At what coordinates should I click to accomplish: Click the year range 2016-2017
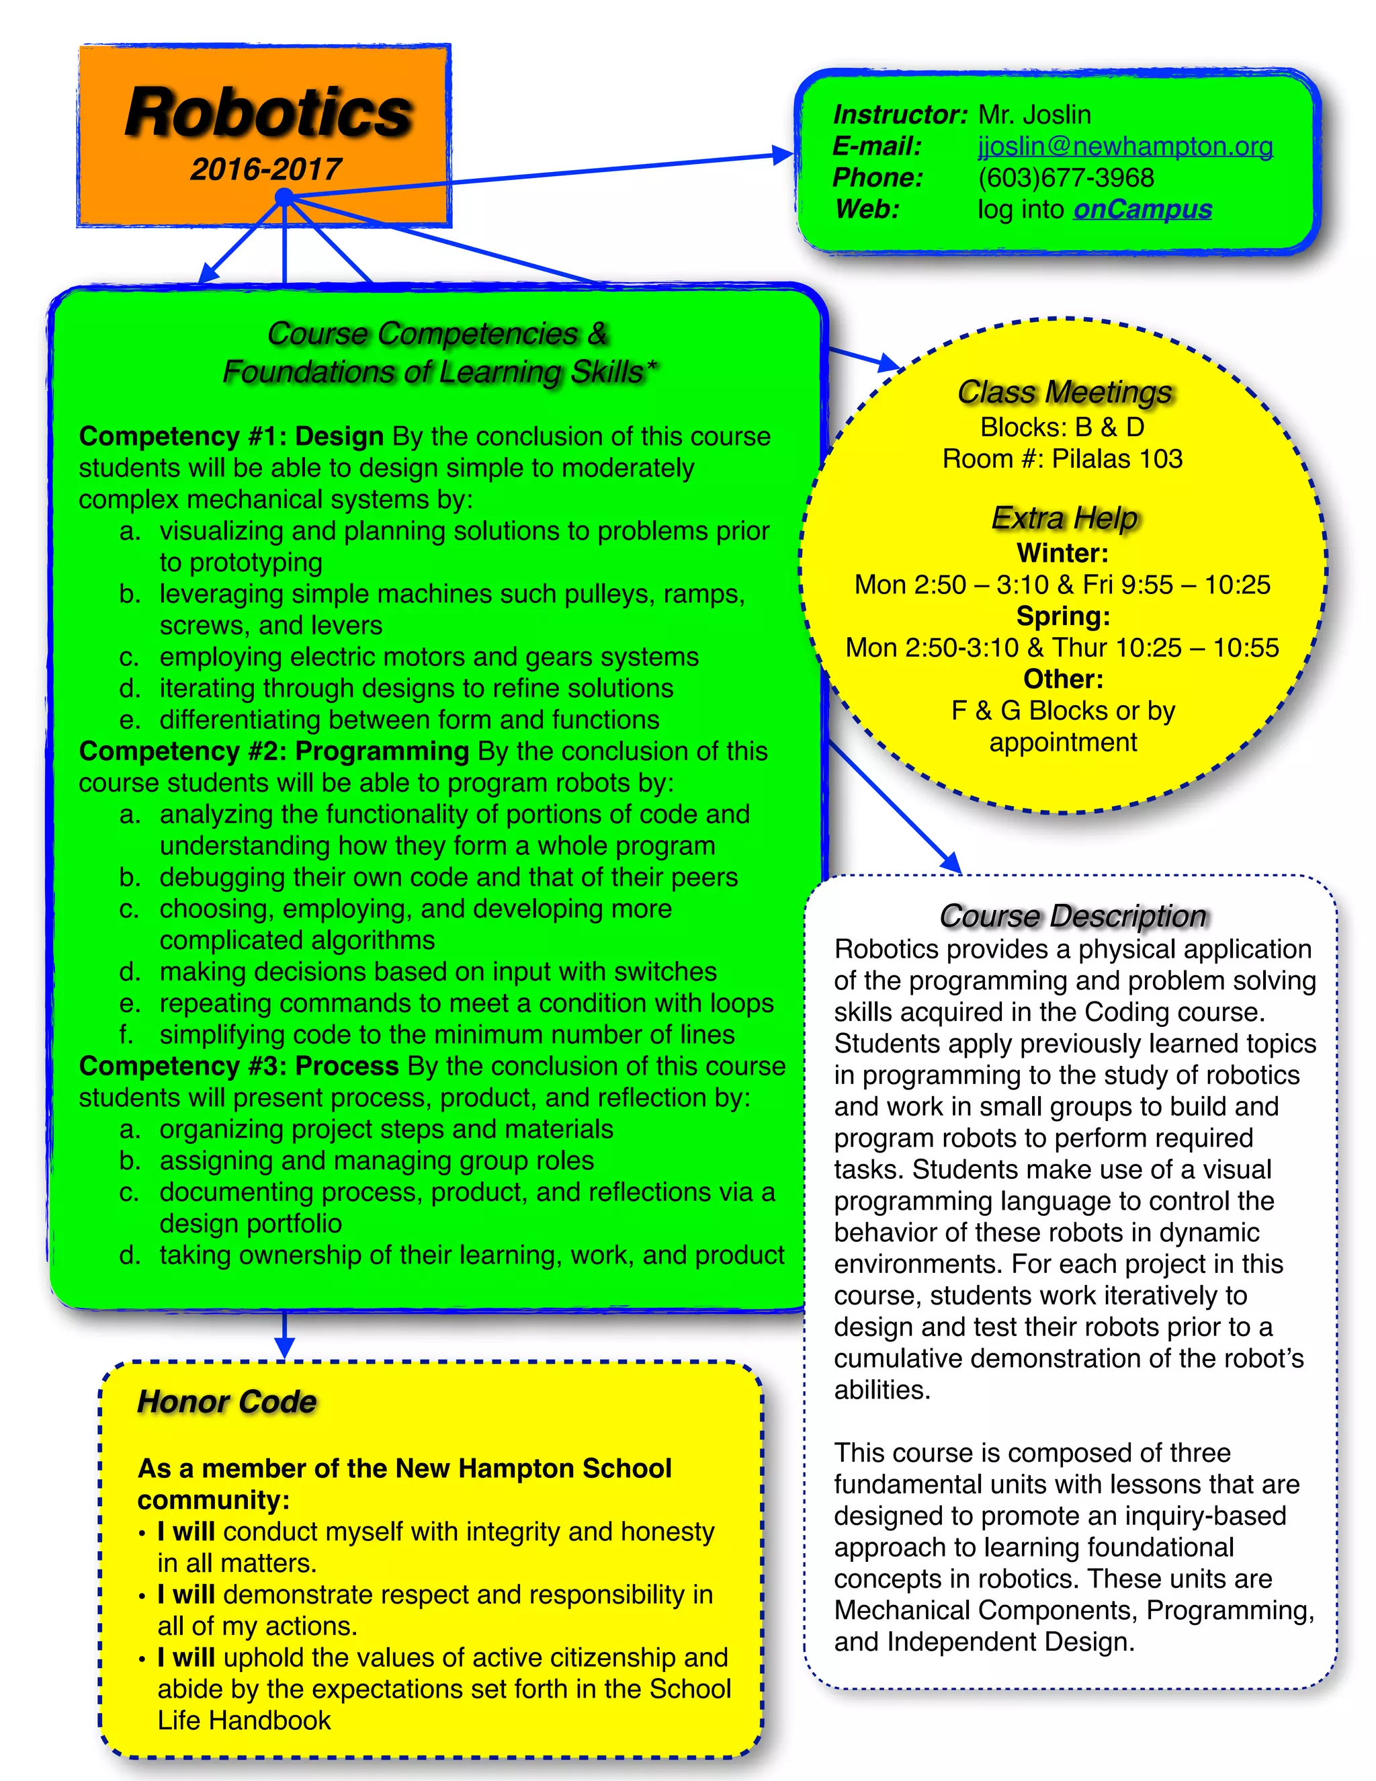coord(266,169)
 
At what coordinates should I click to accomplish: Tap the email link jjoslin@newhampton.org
coord(1125,146)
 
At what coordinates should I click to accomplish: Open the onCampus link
coord(1142,210)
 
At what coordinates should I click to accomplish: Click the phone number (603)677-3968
coord(1066,178)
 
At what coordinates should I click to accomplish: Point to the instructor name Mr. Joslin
coord(1033,115)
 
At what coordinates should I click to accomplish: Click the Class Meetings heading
coord(1064,392)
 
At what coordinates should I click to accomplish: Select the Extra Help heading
coord(1064,517)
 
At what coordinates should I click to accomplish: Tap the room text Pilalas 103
coord(1117,459)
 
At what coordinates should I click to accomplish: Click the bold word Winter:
coord(1062,554)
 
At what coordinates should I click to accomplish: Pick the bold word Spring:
coord(1063,616)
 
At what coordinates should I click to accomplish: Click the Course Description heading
coord(1072,916)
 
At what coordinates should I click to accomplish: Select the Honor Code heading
coord(226,1402)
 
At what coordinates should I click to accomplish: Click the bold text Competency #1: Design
coord(230,436)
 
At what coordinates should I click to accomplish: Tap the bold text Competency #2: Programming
coord(273,751)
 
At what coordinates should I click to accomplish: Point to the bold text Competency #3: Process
coord(238,1066)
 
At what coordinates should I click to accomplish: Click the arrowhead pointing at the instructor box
coord(783,155)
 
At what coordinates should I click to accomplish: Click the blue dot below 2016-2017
coord(284,196)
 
